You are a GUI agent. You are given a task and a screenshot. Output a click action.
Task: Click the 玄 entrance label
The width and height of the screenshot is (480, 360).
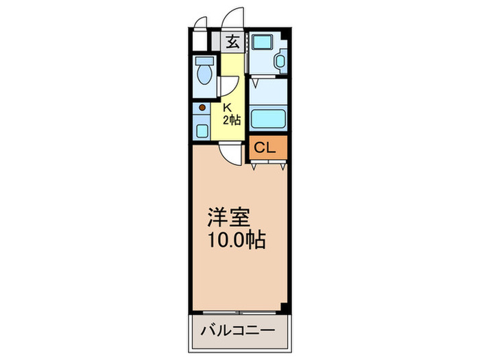coord(233,41)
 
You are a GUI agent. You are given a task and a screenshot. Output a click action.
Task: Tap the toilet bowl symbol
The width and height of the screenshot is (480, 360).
coord(204,74)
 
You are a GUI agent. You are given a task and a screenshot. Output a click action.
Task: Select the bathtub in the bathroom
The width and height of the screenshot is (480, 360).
coord(268,118)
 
